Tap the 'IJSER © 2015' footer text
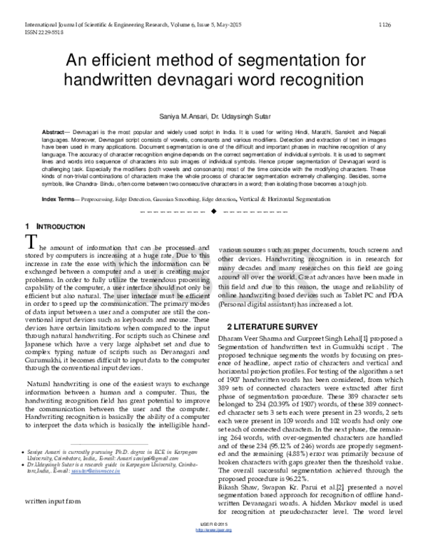(213, 541)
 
